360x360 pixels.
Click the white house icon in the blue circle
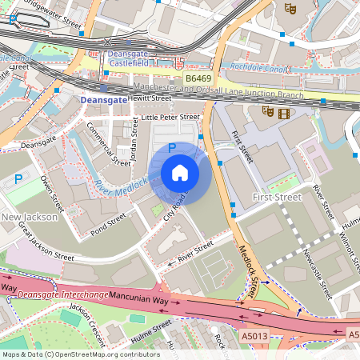180,173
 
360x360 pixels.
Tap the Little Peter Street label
170,117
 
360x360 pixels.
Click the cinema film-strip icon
283,111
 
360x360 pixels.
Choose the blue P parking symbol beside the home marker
172,148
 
